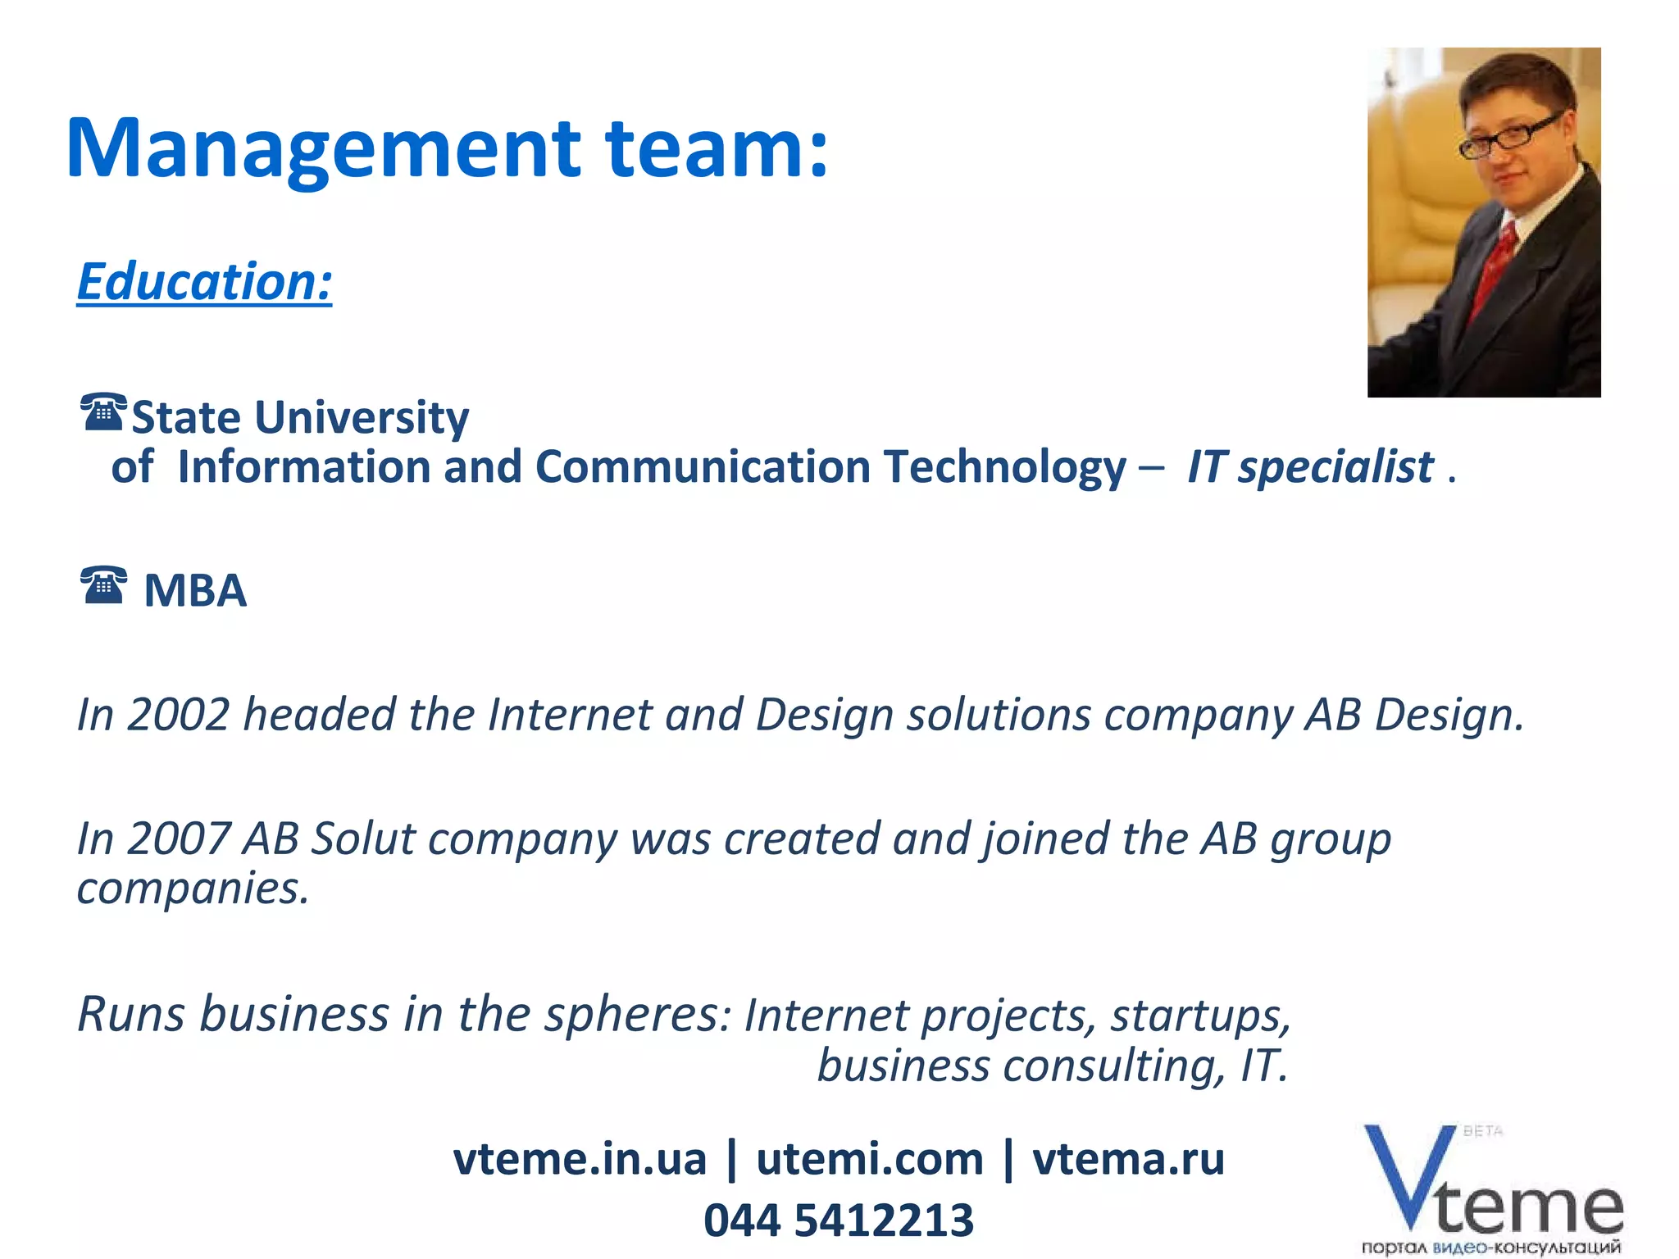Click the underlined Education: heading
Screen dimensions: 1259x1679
pos(204,281)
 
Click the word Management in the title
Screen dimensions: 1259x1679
pos(323,148)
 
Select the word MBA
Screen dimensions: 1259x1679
pos(195,590)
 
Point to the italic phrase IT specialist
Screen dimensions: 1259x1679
pos(1310,467)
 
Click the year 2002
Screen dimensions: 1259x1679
pos(178,714)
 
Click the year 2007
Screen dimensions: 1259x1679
pos(178,839)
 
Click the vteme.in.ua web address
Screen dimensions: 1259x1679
pos(579,1159)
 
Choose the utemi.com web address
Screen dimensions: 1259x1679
pos(869,1159)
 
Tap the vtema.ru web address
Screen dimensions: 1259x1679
pos(1128,1159)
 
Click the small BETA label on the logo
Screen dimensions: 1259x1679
pos(1483,1131)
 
